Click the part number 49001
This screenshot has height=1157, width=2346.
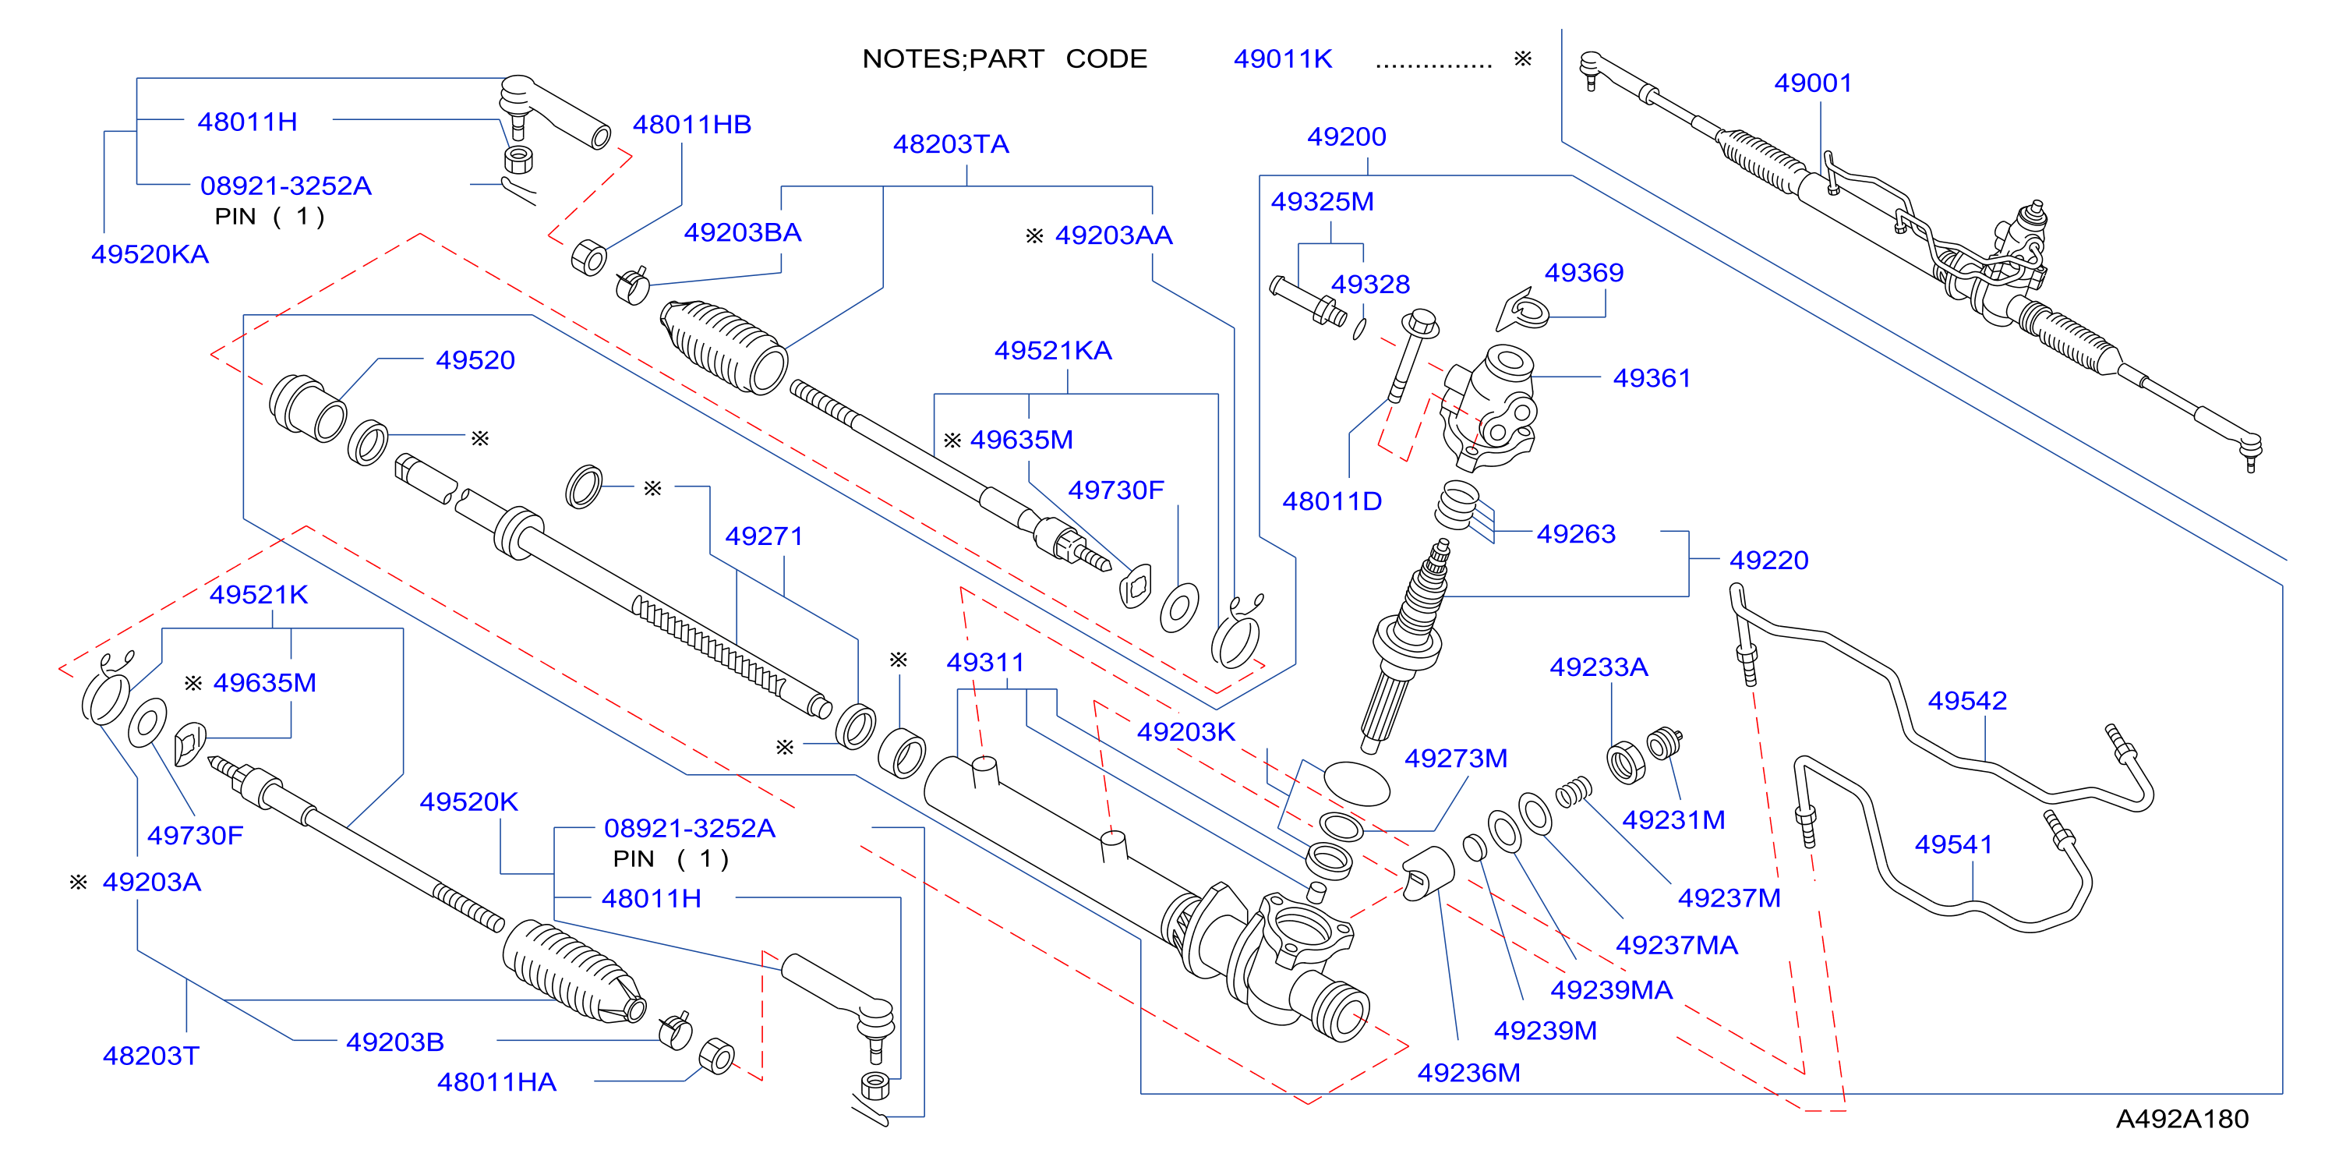[1812, 83]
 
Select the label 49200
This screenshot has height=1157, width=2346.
[1346, 136]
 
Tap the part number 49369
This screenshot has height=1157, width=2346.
[1584, 272]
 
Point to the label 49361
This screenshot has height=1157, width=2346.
[1651, 378]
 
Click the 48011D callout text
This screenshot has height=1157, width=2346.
[1331, 501]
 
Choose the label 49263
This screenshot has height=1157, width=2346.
[1575, 534]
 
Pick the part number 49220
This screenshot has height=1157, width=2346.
[1768, 561]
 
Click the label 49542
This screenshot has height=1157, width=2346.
[1967, 701]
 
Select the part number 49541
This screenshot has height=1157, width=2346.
[1952, 844]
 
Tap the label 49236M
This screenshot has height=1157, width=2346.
[1468, 1073]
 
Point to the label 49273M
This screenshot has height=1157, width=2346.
[1455, 758]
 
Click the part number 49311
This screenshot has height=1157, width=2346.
[984, 663]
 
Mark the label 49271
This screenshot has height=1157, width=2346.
[763, 536]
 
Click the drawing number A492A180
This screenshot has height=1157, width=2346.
[2182, 1119]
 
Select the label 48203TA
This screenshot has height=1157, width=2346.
[951, 144]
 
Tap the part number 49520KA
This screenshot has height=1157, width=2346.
[150, 254]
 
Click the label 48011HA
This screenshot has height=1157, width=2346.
[496, 1082]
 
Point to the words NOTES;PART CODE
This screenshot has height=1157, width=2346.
[1005, 59]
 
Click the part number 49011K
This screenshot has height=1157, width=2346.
[1282, 59]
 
